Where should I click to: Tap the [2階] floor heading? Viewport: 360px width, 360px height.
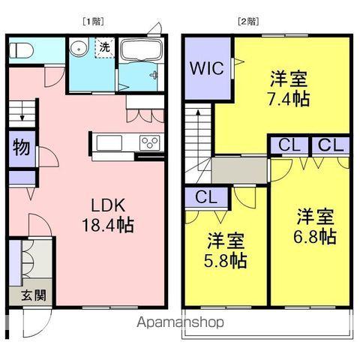(247, 21)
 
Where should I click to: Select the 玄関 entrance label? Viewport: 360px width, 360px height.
(22, 294)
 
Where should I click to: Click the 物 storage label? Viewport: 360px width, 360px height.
(21, 148)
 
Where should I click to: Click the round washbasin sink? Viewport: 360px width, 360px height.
(78, 48)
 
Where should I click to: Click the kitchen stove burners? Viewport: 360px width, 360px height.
(148, 142)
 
